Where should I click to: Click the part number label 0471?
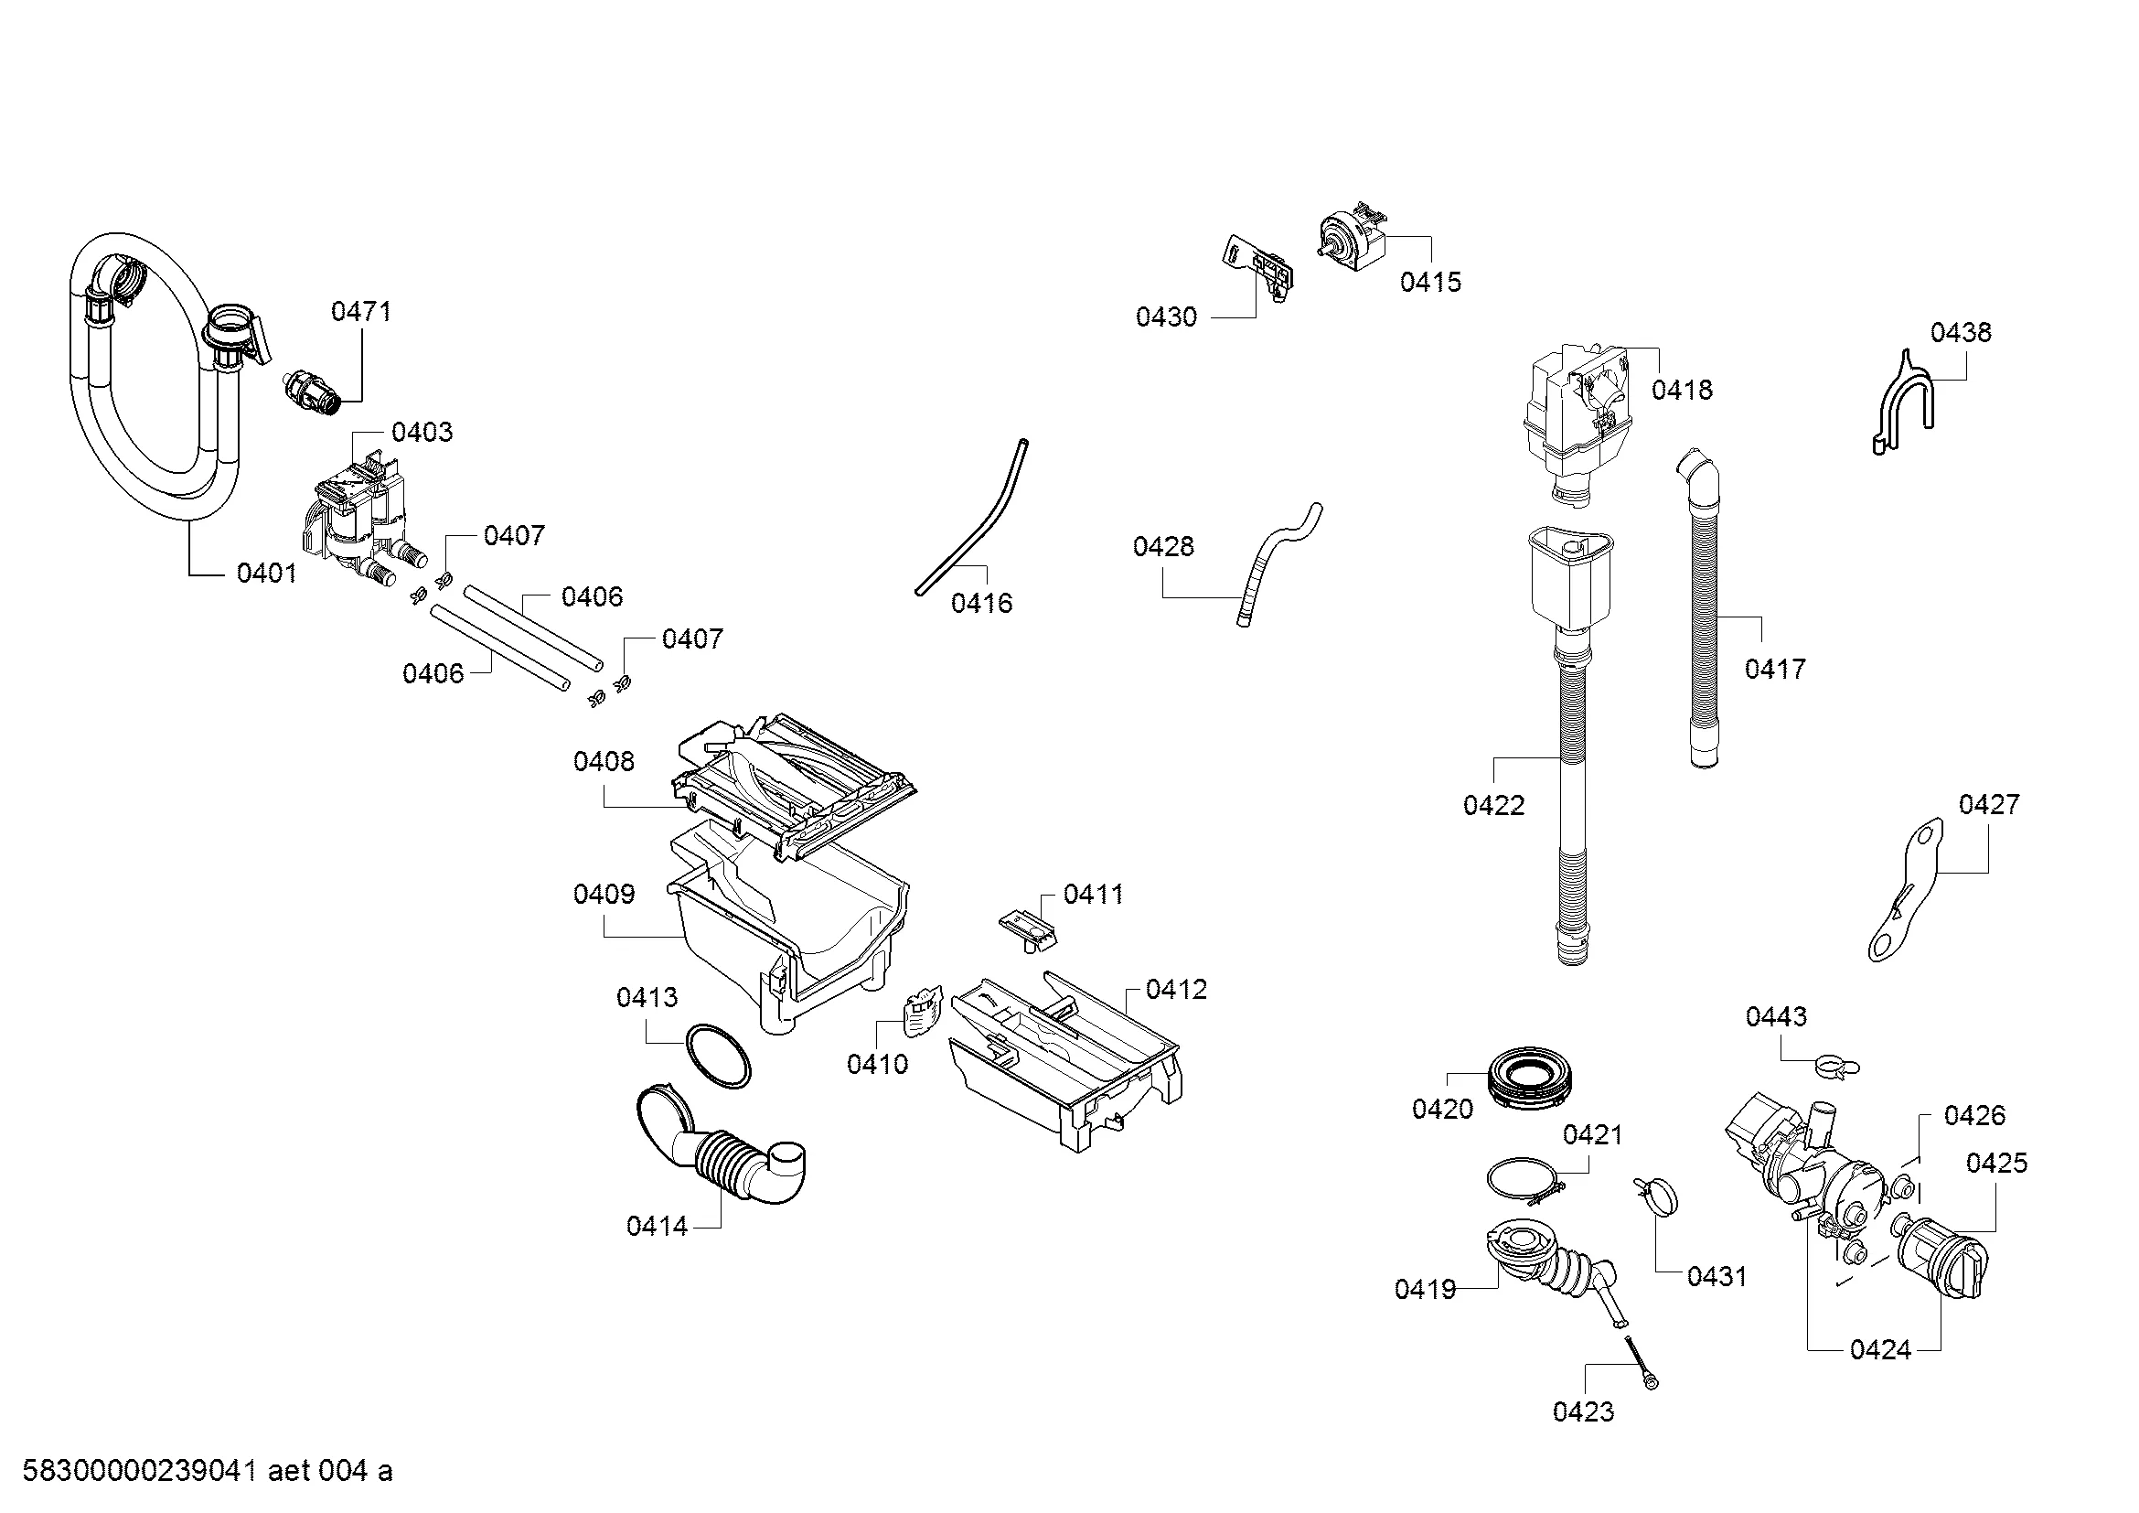click(361, 311)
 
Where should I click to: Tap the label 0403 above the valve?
click(422, 433)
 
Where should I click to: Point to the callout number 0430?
click(1165, 317)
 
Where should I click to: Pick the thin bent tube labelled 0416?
click(968, 521)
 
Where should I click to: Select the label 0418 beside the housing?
click(1682, 391)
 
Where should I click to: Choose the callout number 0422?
click(1493, 806)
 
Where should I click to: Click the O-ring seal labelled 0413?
click(717, 1056)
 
